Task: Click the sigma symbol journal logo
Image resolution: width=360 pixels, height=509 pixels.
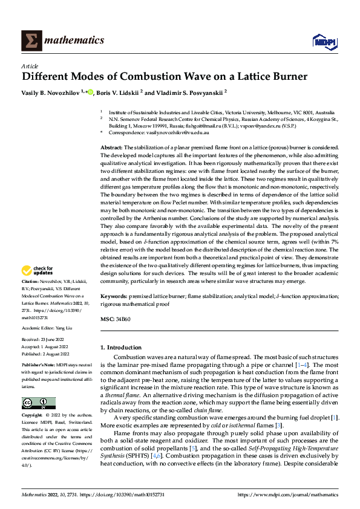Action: pyautogui.click(x=30, y=41)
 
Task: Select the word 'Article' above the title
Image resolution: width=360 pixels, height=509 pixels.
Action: pyautogui.click(x=30, y=65)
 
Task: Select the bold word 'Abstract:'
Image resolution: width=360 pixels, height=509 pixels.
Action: pyautogui.click(x=111, y=148)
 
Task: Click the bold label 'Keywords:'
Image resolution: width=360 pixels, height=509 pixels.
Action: pyautogui.click(x=113, y=297)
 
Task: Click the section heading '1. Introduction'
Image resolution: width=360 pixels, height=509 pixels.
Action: pyautogui.click(x=121, y=348)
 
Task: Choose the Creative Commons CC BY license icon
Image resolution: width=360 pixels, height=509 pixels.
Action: pyautogui.click(x=38, y=404)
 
